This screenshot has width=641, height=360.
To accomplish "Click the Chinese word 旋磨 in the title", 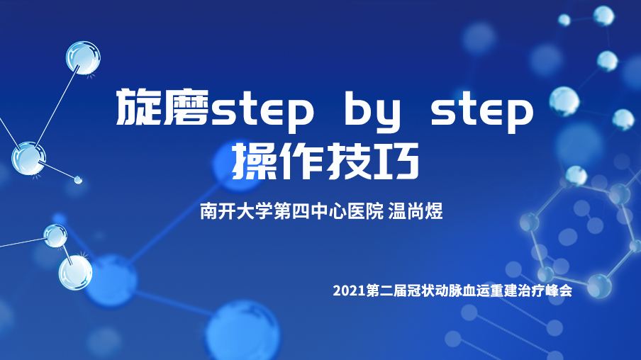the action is (162, 108).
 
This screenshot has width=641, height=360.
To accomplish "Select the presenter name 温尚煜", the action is (416, 211).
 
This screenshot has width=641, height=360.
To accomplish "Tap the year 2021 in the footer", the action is (349, 291).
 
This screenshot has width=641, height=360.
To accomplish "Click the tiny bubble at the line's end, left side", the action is (78, 179).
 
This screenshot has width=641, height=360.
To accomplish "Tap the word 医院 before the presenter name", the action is (365, 211).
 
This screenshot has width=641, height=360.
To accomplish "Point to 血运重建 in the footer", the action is (489, 291).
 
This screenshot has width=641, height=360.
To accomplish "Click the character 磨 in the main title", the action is (186, 108).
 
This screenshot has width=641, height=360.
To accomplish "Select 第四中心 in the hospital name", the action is (311, 211).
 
